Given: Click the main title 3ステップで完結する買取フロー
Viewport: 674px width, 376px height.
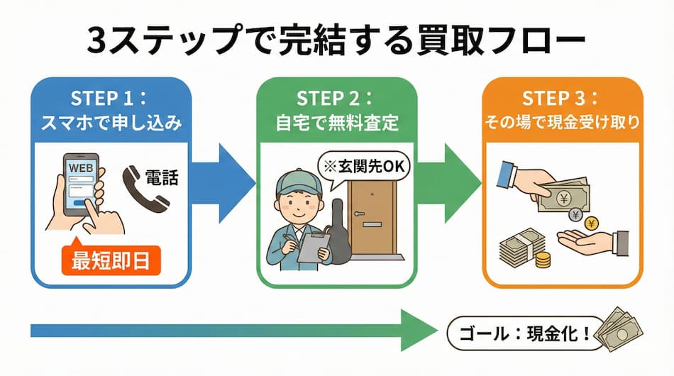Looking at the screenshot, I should click(336, 40).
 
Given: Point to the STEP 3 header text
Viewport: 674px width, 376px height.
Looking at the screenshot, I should click(561, 98).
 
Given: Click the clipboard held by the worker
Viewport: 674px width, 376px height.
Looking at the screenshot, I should click(311, 243).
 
